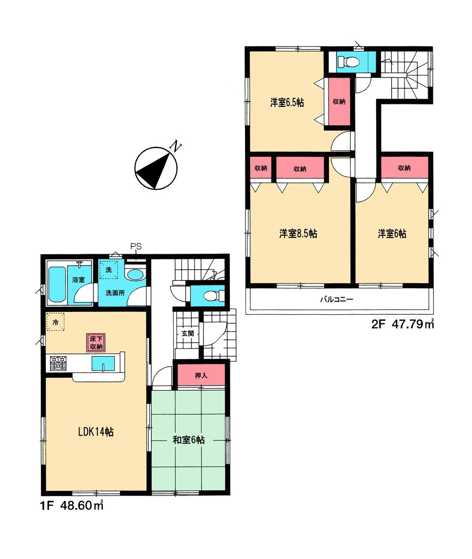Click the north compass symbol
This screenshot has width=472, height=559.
[155, 168]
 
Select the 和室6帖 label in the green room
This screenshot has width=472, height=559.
[188, 440]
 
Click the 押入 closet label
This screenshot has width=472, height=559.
[201, 376]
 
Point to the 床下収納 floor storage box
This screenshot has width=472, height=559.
[95, 342]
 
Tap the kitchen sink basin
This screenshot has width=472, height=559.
[102, 364]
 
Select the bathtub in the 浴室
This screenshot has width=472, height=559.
[57, 285]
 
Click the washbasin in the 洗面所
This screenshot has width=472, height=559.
[136, 275]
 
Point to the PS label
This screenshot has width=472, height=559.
[136, 246]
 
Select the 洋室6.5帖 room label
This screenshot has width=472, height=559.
[287, 103]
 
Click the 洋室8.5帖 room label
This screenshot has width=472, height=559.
[297, 233]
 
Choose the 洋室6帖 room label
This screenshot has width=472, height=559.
[392, 233]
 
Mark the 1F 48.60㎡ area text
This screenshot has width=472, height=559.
[71, 506]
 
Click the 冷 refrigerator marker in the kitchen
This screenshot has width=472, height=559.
[55, 323]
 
